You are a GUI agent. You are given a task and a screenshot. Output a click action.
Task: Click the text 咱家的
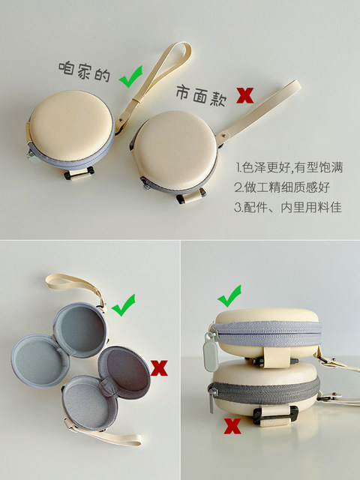click(85, 73)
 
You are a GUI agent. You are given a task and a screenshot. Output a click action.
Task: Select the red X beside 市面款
click(244, 94)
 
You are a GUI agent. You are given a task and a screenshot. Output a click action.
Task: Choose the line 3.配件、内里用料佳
click(288, 207)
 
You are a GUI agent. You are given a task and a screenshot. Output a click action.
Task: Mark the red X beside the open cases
click(158, 367)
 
